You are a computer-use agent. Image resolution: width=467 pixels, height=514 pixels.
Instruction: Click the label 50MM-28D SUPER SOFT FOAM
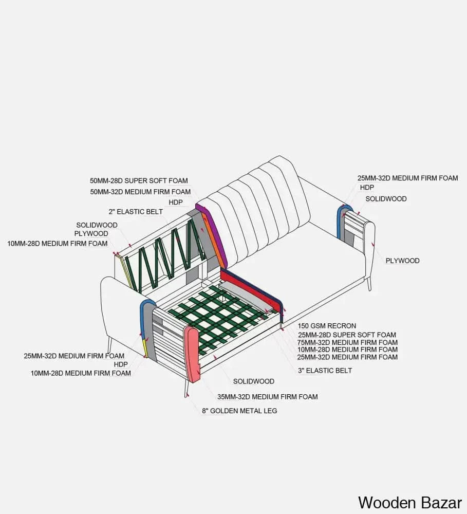click(139, 180)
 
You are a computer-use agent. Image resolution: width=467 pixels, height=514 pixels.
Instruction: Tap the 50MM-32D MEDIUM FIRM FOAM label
click(140, 192)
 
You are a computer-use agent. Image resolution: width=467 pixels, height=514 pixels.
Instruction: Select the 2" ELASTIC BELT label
click(136, 212)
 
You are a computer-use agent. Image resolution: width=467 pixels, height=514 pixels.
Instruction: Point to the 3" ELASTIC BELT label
click(325, 371)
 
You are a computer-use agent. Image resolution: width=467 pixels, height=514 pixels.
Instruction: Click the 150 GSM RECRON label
click(327, 326)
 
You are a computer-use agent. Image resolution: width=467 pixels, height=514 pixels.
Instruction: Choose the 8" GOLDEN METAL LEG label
click(239, 411)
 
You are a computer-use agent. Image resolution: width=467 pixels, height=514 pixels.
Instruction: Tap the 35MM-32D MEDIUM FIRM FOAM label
click(268, 397)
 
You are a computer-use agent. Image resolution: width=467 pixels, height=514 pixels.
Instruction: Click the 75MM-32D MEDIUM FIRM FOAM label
click(347, 342)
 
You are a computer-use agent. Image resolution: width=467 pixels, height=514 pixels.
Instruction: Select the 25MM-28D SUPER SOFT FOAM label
click(347, 335)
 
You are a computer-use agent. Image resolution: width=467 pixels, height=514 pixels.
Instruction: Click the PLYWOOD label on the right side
click(402, 261)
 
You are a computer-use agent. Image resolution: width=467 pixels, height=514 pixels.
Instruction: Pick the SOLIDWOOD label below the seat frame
click(254, 381)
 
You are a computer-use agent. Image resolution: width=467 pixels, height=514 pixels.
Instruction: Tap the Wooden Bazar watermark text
click(410, 503)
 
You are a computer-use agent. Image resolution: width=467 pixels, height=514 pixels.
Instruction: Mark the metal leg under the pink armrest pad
click(186, 389)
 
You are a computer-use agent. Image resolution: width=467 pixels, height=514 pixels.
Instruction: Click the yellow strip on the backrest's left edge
click(126, 272)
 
